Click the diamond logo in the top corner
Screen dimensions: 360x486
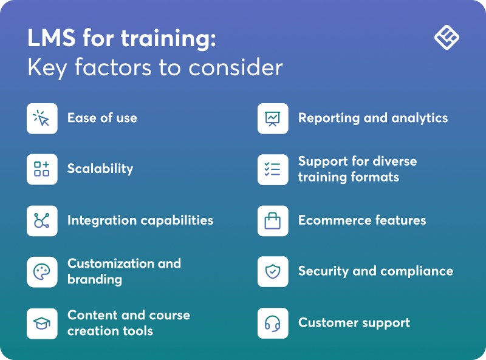[x=447, y=38]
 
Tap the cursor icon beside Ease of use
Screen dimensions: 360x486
[x=42, y=118]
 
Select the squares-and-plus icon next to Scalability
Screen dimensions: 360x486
[x=42, y=169]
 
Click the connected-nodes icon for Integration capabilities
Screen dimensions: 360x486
[x=42, y=220]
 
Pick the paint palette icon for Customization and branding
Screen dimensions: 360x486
[x=42, y=272]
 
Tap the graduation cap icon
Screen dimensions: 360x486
[x=42, y=323]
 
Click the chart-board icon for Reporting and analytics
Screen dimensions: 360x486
[x=273, y=118]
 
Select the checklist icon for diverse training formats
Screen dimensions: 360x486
[x=273, y=169]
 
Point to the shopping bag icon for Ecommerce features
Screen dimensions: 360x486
[x=273, y=220]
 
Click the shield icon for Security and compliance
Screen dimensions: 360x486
[x=273, y=271]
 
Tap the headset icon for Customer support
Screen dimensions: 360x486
[x=273, y=323]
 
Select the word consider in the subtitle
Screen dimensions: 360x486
[x=245, y=67]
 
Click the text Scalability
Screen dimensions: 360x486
[x=100, y=169]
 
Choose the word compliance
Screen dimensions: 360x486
[x=419, y=271]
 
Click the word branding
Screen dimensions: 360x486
[x=95, y=280]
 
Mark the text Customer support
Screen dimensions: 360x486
[x=354, y=323]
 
